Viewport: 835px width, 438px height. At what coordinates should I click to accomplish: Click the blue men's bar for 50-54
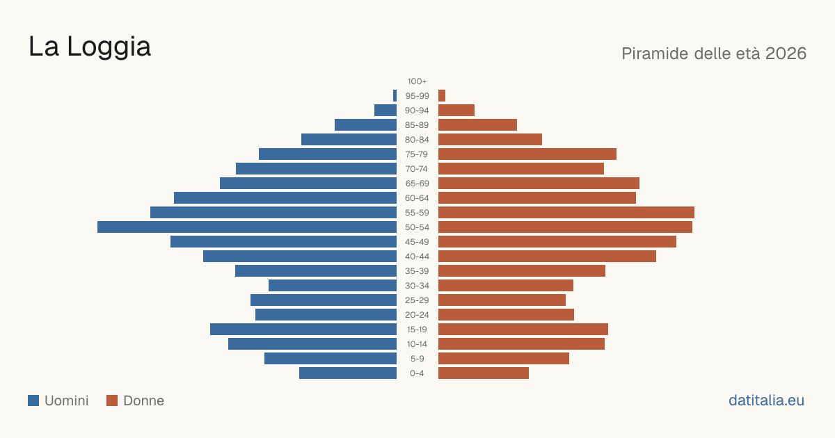pos(247,227)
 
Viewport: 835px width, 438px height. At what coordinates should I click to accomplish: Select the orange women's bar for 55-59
pos(566,213)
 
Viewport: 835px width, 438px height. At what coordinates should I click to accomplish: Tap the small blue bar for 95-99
pos(395,96)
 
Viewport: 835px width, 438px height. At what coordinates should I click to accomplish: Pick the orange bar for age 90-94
pos(456,111)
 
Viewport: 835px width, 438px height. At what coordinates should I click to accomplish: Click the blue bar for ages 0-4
pos(348,373)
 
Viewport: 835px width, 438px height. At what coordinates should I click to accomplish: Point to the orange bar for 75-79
pos(527,154)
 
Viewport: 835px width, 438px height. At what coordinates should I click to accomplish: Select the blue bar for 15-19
pos(303,330)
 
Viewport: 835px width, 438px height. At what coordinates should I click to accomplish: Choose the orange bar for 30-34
pos(506,286)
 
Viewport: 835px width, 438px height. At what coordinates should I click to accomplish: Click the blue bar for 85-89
pos(366,124)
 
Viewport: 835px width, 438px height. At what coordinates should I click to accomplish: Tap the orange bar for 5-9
pos(504,359)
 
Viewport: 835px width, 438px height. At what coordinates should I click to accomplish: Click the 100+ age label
pos(417,81)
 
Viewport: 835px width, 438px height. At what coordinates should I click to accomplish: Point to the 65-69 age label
pos(417,184)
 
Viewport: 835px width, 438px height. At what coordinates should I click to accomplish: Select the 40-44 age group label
pos(417,257)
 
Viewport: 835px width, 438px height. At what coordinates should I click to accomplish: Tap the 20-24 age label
pos(417,315)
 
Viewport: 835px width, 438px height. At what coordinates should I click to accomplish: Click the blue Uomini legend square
pos(33,400)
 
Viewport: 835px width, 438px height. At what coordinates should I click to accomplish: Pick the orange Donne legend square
pos(112,400)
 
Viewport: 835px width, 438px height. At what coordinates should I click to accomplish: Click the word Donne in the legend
pos(143,400)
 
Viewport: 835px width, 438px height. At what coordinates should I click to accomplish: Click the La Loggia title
pos(90,47)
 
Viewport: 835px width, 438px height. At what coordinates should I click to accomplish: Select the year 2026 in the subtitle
pos(786,54)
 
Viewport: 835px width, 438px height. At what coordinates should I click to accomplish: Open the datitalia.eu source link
pos(766,400)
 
